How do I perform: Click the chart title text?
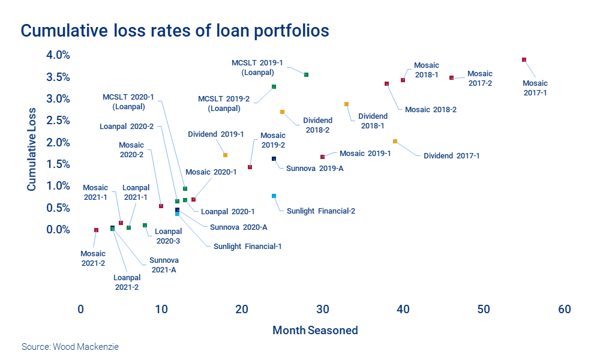[175, 31]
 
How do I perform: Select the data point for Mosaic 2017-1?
[524, 60]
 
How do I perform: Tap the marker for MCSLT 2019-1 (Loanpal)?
[306, 75]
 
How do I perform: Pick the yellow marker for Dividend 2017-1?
[395, 142]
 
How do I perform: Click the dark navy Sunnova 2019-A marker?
[274, 159]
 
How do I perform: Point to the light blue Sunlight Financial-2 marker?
[274, 196]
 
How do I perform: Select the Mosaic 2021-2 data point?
[96, 230]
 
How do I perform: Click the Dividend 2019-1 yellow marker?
[225, 155]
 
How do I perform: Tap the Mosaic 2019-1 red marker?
[322, 157]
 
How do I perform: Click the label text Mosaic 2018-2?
[431, 110]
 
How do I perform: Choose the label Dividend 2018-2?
[317, 125]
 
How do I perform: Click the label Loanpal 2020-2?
[127, 127]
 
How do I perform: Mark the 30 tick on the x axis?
[322, 310]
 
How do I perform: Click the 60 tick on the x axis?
[564, 310]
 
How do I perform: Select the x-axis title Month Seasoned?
[315, 331]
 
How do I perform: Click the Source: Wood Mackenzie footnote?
[66, 347]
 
